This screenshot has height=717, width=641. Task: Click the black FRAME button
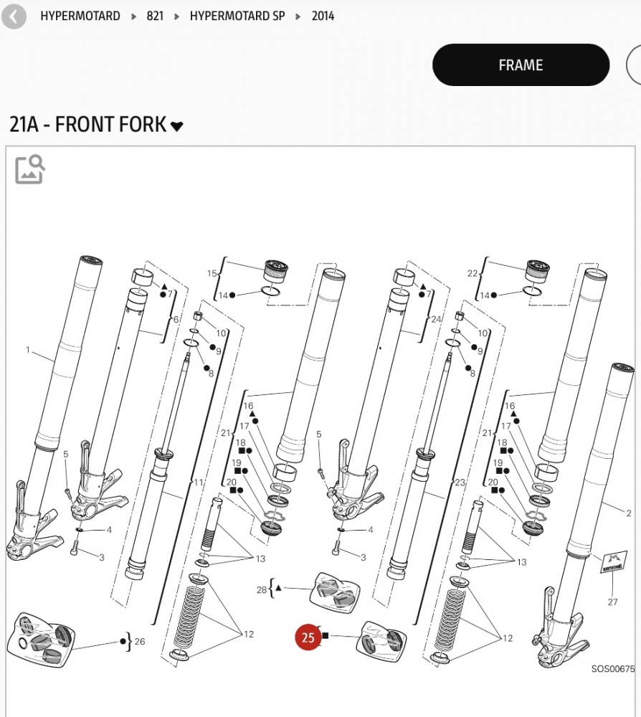click(x=521, y=65)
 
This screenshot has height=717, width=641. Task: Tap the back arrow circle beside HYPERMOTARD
click(x=14, y=16)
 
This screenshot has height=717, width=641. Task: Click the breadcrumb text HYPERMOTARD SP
click(x=237, y=16)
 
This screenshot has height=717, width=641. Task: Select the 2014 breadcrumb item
click(x=323, y=16)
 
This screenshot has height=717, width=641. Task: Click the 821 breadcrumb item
click(x=155, y=16)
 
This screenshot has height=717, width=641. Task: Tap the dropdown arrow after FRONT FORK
click(x=176, y=126)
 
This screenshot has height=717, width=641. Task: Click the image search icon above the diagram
click(x=29, y=169)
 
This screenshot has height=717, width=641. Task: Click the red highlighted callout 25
click(x=308, y=637)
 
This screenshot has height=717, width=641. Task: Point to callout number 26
click(x=140, y=642)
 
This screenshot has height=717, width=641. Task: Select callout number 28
click(x=262, y=590)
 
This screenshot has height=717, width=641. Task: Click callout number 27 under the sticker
click(x=612, y=602)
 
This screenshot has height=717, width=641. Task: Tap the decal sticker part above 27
click(x=613, y=562)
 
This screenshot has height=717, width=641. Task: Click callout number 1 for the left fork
click(x=28, y=350)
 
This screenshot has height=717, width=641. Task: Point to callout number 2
click(x=629, y=513)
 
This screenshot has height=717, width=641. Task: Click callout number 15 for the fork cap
click(x=212, y=273)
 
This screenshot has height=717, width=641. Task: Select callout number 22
click(x=473, y=273)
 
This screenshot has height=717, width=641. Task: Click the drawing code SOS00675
click(x=613, y=669)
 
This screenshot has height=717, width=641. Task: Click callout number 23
click(x=460, y=482)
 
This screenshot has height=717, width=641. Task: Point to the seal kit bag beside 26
click(x=41, y=640)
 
